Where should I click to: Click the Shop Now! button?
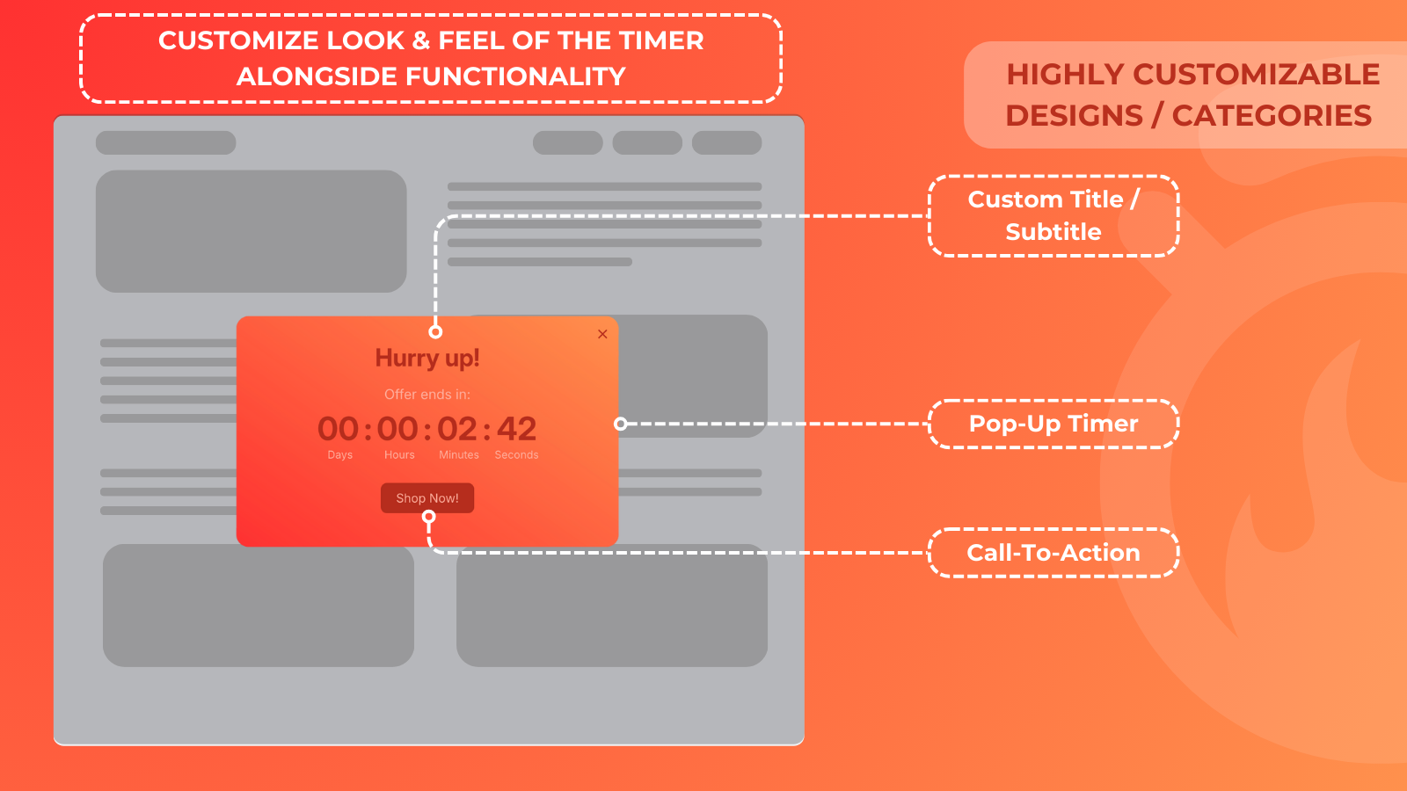[427, 498]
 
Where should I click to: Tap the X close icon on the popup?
[602, 334]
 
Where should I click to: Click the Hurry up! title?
[427, 359]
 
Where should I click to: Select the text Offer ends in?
[427, 395]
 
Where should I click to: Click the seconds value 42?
[517, 429]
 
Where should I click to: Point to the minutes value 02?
[457, 429]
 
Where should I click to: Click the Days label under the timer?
[339, 455]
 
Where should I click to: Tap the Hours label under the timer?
[399, 455]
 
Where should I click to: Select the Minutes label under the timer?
[459, 455]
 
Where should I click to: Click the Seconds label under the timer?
[517, 455]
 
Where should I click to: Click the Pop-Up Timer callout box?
[1053, 424]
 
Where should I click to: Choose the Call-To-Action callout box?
[1053, 553]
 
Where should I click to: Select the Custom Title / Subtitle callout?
[1053, 216]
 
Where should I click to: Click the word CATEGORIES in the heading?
[1272, 115]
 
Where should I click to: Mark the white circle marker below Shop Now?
[429, 517]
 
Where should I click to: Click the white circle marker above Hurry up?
[435, 331]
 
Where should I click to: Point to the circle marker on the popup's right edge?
[620, 424]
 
